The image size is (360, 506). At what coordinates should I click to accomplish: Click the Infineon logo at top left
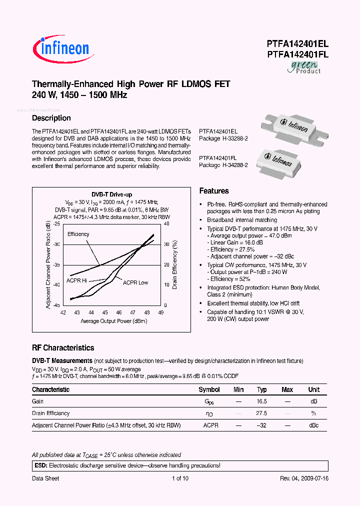click(61, 48)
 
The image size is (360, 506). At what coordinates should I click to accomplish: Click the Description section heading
click(51, 118)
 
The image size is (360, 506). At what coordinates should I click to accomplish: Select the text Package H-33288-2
click(223, 137)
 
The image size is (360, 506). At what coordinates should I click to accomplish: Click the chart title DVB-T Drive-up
click(111, 194)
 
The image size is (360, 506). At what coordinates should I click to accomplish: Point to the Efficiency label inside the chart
click(78, 234)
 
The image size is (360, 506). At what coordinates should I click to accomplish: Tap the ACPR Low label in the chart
click(135, 282)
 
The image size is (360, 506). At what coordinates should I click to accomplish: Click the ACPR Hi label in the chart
click(77, 280)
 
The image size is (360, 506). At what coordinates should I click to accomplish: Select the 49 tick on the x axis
click(160, 312)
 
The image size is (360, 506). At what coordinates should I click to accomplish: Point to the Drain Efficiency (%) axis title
click(175, 264)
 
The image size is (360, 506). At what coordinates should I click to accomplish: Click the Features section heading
click(214, 191)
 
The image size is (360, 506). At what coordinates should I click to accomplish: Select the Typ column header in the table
click(262, 389)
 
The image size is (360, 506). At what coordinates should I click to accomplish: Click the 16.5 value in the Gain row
click(262, 401)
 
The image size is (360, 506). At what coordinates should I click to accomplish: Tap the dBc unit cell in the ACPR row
click(313, 425)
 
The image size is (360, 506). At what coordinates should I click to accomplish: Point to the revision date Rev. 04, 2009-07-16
click(304, 478)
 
